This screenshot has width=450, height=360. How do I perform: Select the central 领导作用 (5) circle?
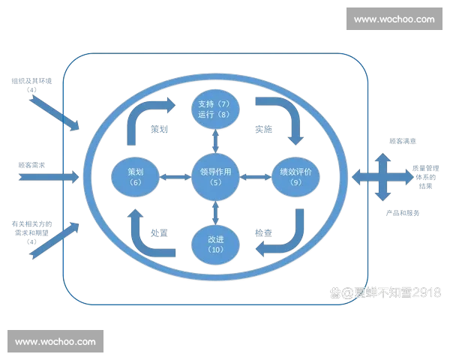coord(216,175)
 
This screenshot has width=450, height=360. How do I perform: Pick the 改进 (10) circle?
coord(216,244)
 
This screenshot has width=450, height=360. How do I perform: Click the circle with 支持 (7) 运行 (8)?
coord(216,108)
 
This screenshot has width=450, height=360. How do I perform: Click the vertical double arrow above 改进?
coord(216,211)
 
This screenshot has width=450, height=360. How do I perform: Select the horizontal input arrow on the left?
coord(49,177)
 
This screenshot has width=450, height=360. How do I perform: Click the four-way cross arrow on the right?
coord(382,177)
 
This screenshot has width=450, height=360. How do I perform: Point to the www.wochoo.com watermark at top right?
coord(393,19)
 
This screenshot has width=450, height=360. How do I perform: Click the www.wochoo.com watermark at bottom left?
coord(55,342)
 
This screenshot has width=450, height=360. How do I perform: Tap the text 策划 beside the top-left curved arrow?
coord(158,129)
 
